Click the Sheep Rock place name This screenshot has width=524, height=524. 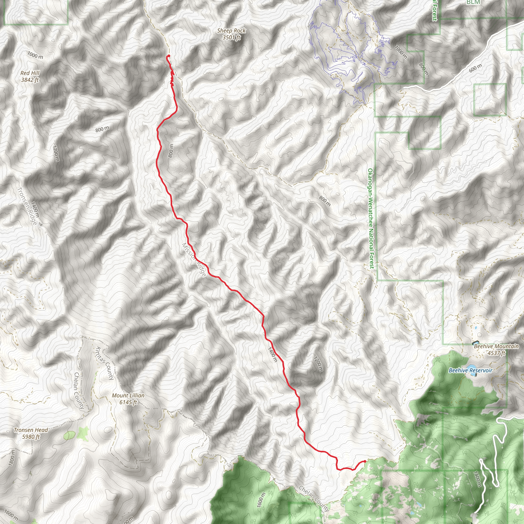pyautogui.click(x=231, y=31)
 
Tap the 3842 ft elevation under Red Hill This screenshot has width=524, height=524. pyautogui.click(x=30, y=80)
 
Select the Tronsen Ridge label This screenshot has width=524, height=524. pyautogui.click(x=27, y=206)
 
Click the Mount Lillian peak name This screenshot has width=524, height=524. pyautogui.click(x=128, y=396)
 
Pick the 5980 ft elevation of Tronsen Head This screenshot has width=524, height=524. pyautogui.click(x=31, y=437)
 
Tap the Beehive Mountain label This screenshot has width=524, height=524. pyautogui.click(x=496, y=346)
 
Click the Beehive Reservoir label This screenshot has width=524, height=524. pyautogui.click(x=470, y=370)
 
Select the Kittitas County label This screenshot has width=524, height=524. pyautogui.click(x=105, y=363)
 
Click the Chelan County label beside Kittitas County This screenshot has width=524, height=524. pyautogui.click(x=79, y=390)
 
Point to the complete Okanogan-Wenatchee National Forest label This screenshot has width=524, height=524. pyautogui.click(x=371, y=218)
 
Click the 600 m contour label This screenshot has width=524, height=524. pyautogui.click(x=475, y=68)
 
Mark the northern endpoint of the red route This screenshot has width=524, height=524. pyautogui.click(x=168, y=56)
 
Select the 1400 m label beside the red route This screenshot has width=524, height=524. pyautogui.click(x=272, y=354)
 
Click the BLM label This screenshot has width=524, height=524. pyautogui.click(x=473, y=2)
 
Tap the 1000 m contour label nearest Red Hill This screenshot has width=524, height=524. pyautogui.click(x=35, y=55)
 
